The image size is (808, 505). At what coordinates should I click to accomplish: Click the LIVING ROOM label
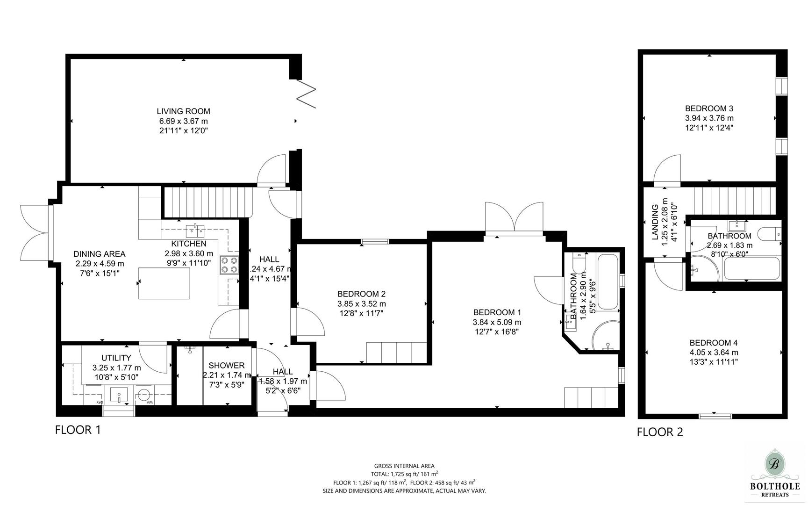tap(183, 111)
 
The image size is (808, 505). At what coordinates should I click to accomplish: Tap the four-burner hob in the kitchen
tap(229, 265)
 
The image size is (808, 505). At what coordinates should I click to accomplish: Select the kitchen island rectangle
tap(164, 283)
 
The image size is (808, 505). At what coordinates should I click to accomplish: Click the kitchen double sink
tap(195, 231)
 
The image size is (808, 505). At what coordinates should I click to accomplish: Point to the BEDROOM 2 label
tap(361, 294)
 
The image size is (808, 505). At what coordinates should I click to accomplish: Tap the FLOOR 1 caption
tap(78, 430)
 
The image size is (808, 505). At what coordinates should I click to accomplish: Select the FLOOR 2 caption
tap(659, 432)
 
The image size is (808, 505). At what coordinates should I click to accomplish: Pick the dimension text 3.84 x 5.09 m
tap(497, 322)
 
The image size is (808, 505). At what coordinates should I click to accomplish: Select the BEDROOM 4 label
tap(714, 343)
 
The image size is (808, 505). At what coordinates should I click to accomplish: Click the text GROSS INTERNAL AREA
tap(404, 466)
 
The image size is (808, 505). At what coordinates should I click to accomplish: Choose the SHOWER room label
tap(226, 366)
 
